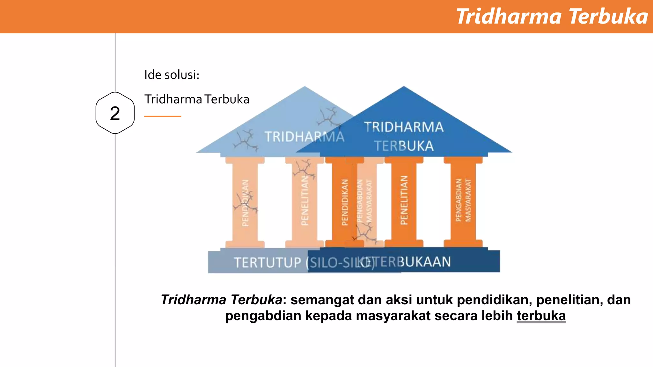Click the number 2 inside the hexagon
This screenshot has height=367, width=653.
point(115,113)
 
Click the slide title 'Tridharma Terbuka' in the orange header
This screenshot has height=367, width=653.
point(552,17)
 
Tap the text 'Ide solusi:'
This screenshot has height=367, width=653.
point(172,75)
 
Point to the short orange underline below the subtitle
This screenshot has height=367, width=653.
point(163,117)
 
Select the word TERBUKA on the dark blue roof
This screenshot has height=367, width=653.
point(404,146)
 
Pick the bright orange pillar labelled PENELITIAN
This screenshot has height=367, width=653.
point(404,201)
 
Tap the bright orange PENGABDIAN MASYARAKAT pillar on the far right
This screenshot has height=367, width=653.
point(463,201)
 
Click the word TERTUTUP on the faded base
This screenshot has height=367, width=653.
point(268,263)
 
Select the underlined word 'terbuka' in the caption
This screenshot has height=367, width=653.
point(541,316)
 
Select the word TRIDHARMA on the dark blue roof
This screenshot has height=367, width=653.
point(404,127)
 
